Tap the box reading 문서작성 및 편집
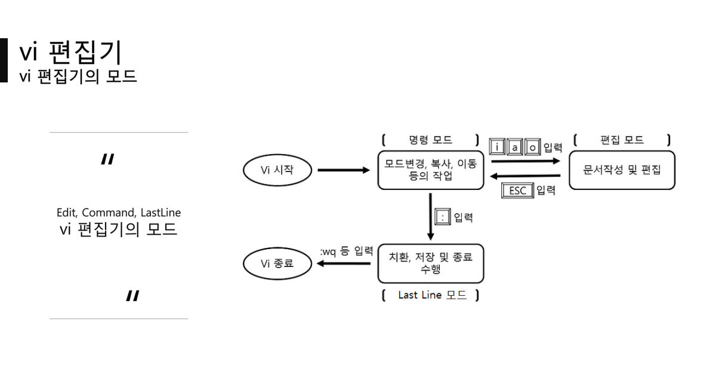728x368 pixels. tap(621, 169)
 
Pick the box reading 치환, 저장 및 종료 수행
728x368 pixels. tap(430, 263)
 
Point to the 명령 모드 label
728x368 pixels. tap(430, 140)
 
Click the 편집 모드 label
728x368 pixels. tap(621, 140)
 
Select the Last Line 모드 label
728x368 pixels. tap(430, 296)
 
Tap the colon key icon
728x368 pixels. tap(443, 218)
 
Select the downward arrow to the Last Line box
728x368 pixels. tap(430, 217)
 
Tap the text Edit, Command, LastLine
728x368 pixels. tap(118, 213)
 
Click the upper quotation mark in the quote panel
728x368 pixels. tap(107, 159)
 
